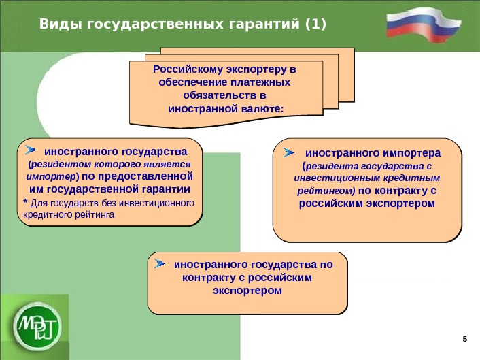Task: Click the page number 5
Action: (x=465, y=339)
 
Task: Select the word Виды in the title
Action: (x=57, y=25)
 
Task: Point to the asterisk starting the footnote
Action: (x=25, y=203)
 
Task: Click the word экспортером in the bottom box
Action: (x=247, y=291)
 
